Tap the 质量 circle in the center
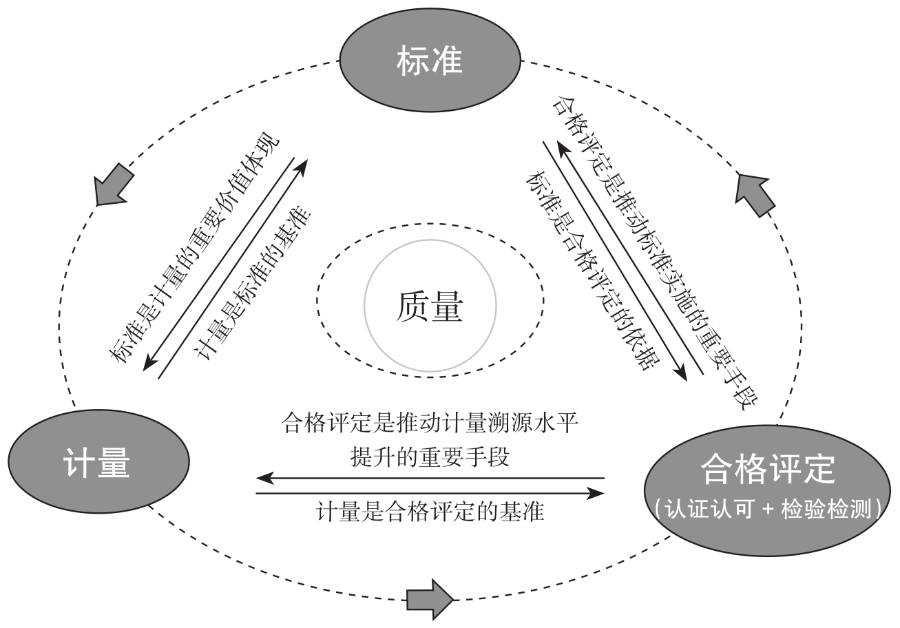coord(430,306)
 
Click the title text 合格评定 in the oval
coord(767,470)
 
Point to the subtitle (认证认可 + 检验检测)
coord(768,510)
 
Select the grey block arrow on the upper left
coord(112,184)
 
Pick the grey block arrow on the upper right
coord(755,193)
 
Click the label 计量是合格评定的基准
coord(430,512)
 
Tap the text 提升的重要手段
coord(430,457)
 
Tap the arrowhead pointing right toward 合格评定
coord(597,493)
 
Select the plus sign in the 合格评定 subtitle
coord(766,510)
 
